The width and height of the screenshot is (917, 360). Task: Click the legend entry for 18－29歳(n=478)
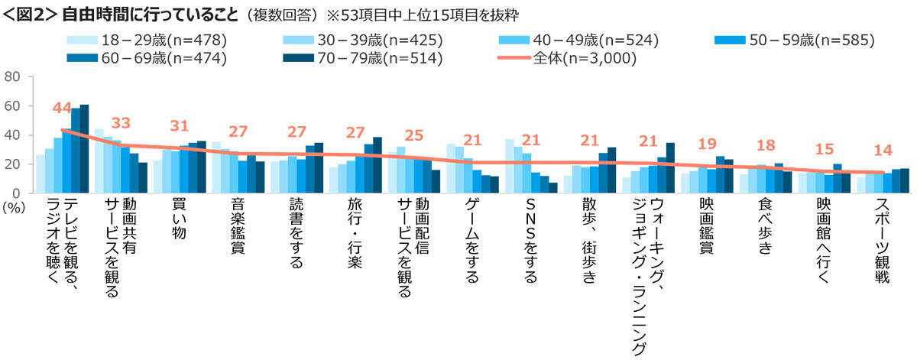147,41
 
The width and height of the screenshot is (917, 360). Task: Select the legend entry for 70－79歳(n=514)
363,58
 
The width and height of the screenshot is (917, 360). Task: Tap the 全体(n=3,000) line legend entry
567,58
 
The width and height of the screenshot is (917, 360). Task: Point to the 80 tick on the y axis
12,76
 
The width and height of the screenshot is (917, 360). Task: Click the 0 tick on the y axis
16,193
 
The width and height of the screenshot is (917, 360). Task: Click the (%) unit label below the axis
14,208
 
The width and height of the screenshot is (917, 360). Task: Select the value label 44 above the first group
62,108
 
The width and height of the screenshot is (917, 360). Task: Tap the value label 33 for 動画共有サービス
121,123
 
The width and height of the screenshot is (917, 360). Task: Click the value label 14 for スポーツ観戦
883,151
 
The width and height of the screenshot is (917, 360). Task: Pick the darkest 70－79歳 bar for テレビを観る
84,149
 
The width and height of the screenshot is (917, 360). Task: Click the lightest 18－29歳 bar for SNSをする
509,166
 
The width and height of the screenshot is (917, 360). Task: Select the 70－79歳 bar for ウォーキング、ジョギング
670,168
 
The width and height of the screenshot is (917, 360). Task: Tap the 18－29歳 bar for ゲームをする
451,168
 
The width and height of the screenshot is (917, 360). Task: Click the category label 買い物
180,219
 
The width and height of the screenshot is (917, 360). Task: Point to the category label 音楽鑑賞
238,226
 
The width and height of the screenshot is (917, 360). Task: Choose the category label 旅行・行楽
355,233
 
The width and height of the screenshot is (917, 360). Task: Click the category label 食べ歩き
765,226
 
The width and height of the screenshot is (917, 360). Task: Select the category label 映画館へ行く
824,241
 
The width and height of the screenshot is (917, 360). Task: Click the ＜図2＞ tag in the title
30,15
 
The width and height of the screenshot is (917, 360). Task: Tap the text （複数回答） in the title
282,15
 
